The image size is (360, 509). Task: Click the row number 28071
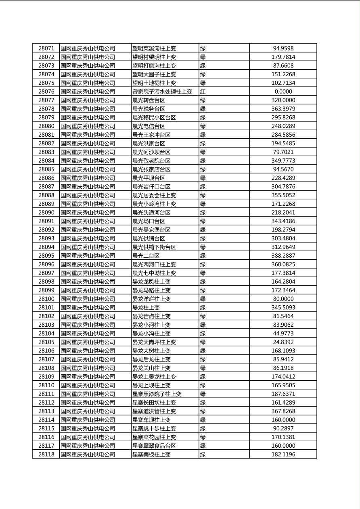click(46, 48)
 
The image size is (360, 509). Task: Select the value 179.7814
click(283, 57)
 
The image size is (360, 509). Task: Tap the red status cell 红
click(203, 92)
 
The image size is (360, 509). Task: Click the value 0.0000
click(283, 92)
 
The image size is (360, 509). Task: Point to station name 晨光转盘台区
click(149, 100)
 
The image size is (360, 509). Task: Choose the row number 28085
click(46, 169)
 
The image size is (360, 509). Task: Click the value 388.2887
click(283, 256)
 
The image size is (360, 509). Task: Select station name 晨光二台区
click(146, 256)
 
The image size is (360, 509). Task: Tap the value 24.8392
click(283, 342)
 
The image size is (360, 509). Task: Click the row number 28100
click(46, 299)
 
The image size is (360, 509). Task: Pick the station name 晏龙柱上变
click(146, 308)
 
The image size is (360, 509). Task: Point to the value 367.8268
click(283, 411)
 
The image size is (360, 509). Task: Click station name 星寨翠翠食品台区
click(154, 446)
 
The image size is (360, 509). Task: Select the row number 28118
click(46, 455)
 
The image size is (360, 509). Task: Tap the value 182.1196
click(283, 455)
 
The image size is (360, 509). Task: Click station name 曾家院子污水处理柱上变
click(162, 92)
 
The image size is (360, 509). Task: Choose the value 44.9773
click(283, 334)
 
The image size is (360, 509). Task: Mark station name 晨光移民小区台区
click(154, 118)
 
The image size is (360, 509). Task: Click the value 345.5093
click(283, 308)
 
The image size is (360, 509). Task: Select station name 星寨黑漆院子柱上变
click(157, 394)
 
